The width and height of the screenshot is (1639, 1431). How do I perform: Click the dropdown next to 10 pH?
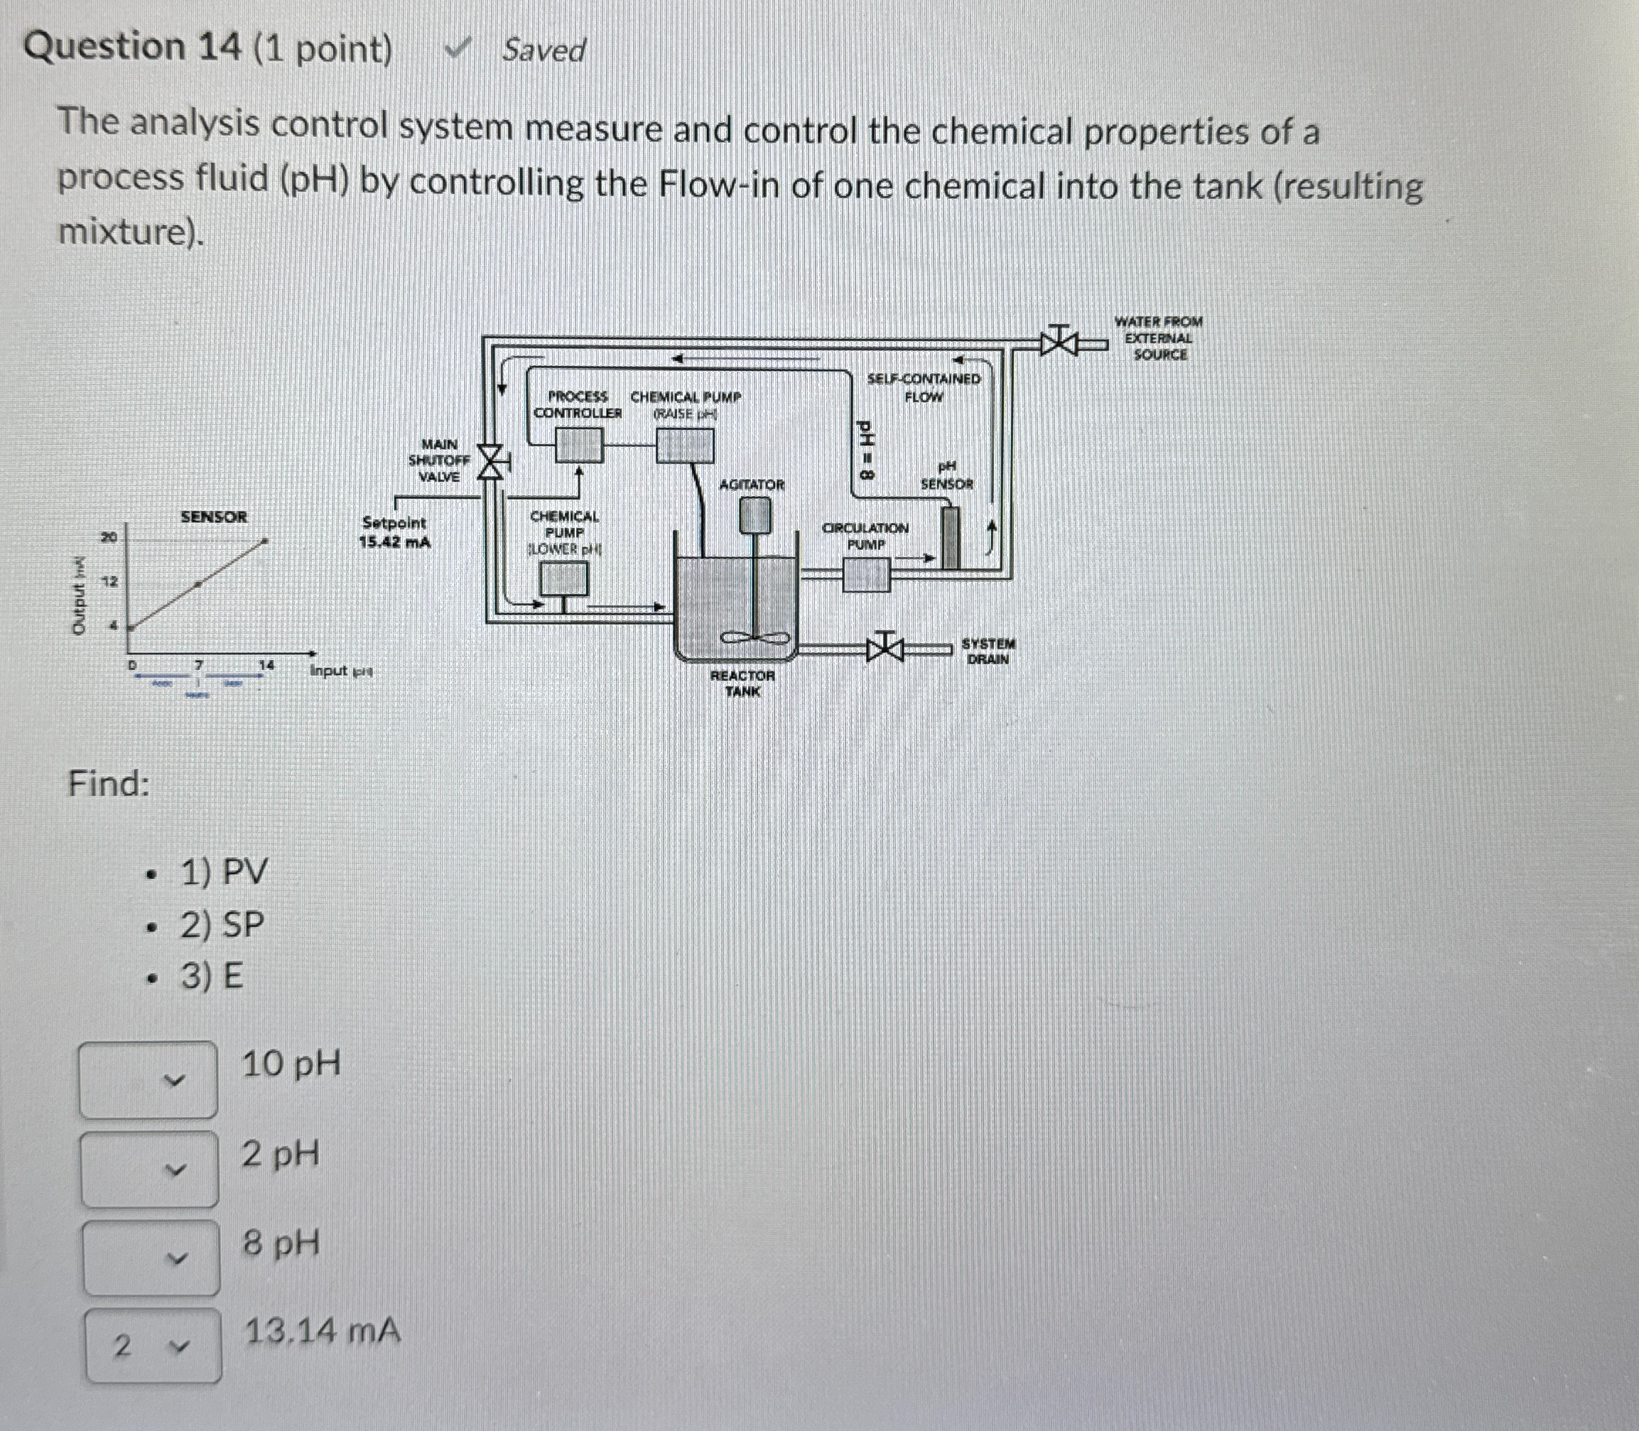point(148,1079)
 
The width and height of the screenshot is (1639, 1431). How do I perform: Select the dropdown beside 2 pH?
point(149,1169)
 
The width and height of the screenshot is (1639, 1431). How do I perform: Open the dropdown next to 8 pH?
point(151,1258)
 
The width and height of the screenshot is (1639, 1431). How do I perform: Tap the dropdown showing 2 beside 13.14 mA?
point(153,1346)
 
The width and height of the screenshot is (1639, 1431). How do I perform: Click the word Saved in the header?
point(543,51)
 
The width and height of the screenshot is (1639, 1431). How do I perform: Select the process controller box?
point(579,445)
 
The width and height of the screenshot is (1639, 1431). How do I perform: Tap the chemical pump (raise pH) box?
point(685,445)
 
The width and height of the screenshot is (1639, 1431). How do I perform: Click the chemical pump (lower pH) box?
point(564,579)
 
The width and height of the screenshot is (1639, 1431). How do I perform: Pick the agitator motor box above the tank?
point(754,515)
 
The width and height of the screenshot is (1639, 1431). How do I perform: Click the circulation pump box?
point(866,574)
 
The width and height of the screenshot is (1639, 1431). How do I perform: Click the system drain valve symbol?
point(885,646)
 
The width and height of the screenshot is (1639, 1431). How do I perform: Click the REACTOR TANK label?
point(742,683)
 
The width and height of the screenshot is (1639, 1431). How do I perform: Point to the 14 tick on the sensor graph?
point(266,664)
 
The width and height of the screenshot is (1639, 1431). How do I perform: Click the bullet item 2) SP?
point(222,924)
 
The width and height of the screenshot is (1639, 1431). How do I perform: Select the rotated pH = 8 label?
point(865,450)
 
